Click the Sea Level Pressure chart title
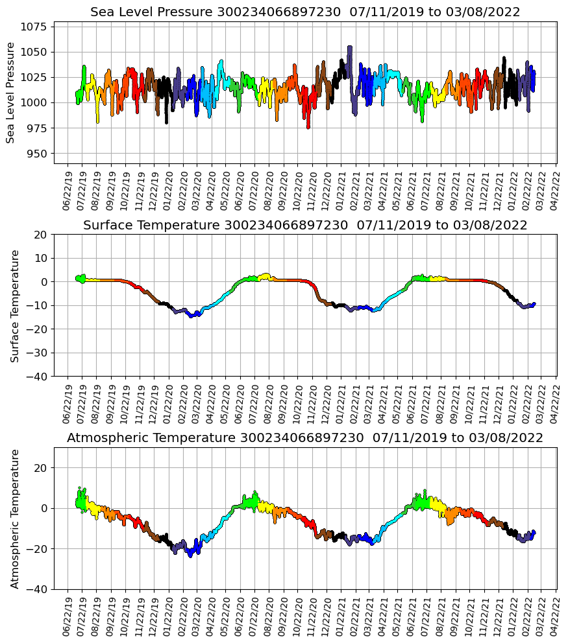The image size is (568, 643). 305,12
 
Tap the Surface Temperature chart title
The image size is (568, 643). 305,226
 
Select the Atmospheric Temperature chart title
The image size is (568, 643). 305,438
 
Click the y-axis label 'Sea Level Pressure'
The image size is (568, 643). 10,93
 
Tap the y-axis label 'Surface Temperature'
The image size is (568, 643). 14,305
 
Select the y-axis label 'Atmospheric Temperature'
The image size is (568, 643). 14,519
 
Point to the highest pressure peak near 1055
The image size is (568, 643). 350,47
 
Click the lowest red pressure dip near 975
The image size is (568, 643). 308,127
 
